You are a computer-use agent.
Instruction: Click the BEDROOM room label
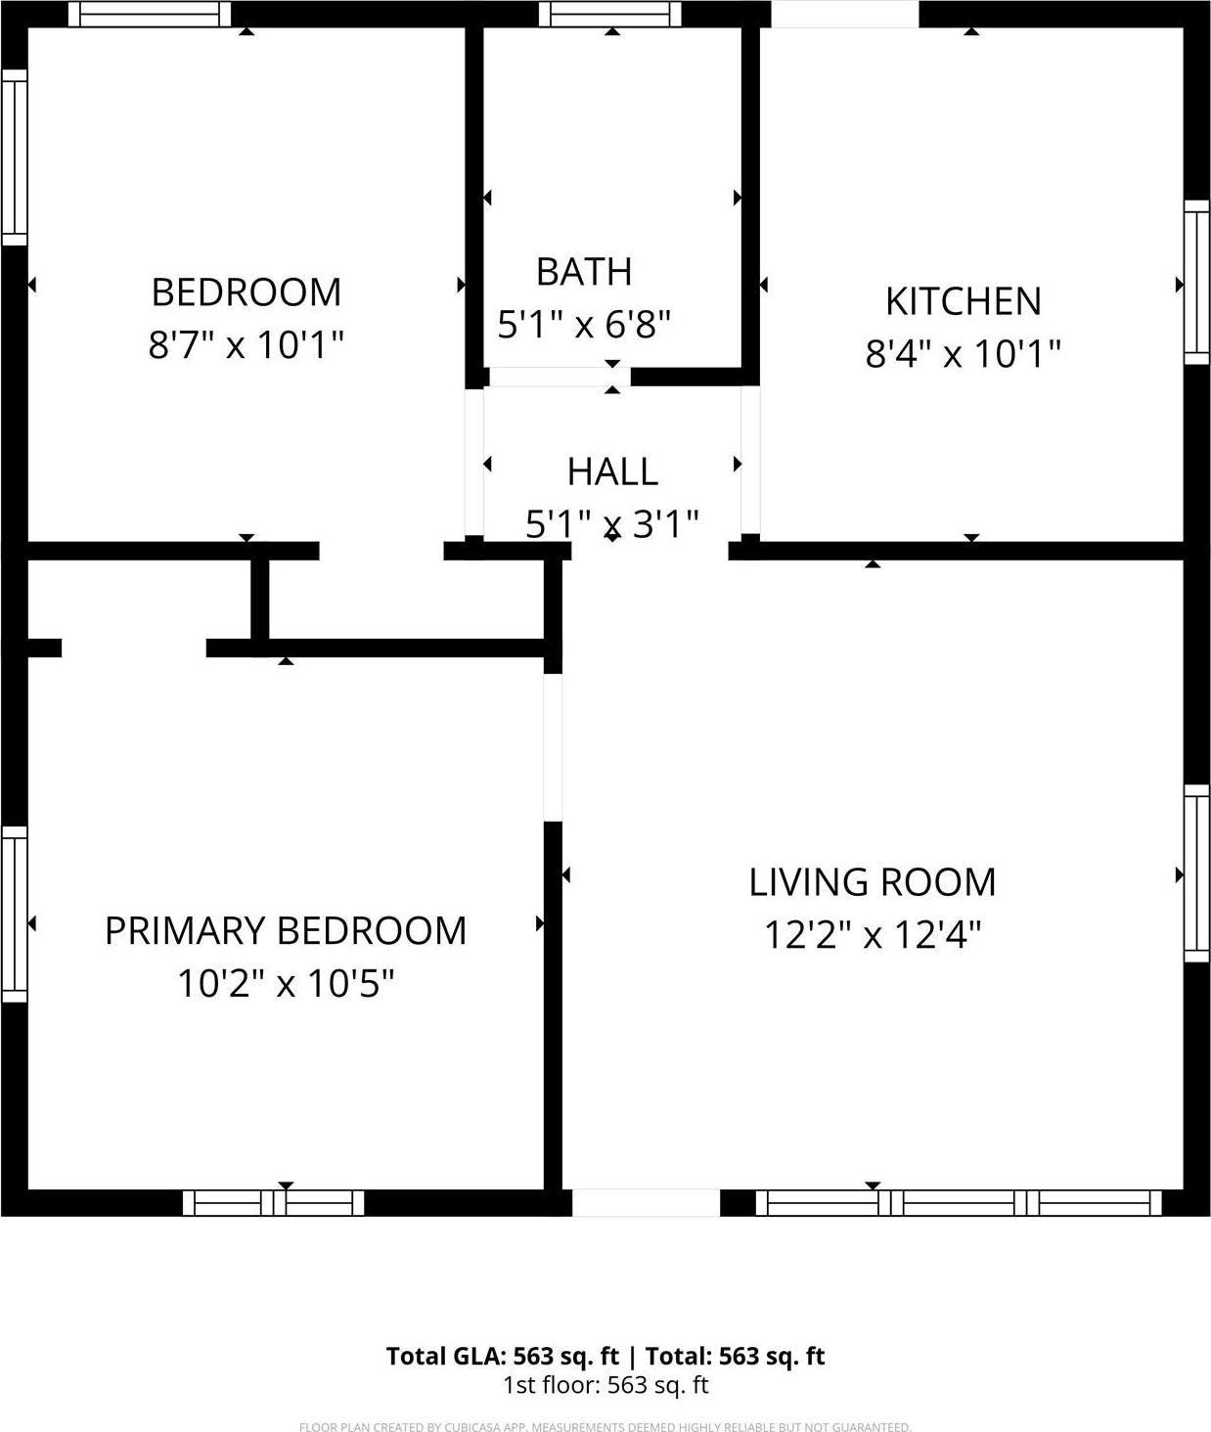[x=247, y=292]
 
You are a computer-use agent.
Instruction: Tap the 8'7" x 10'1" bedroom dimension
[x=247, y=344]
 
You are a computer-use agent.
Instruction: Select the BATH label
[x=584, y=272]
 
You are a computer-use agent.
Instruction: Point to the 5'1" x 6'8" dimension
[x=584, y=324]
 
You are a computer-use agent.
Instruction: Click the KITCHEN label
[x=964, y=301]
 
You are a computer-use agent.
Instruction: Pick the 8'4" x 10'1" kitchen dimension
[x=964, y=353]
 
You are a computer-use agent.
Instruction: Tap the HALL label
[x=612, y=471]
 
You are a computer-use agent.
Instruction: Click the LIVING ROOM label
[x=873, y=882]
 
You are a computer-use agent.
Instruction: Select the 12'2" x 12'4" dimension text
[x=873, y=935]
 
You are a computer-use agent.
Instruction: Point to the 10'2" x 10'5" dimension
[x=286, y=983]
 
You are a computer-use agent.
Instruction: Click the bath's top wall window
[x=609, y=14]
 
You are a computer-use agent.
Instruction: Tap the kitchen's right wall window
[x=1196, y=283]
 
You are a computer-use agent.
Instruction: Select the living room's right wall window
[x=1196, y=873]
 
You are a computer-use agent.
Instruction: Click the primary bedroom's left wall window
[x=14, y=914]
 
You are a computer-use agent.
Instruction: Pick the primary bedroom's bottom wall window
[x=274, y=1202]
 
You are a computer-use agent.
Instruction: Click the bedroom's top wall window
[x=150, y=14]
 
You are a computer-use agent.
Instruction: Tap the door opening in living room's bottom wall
[x=646, y=1202]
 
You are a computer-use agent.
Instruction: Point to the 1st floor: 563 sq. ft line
[x=605, y=1385]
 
